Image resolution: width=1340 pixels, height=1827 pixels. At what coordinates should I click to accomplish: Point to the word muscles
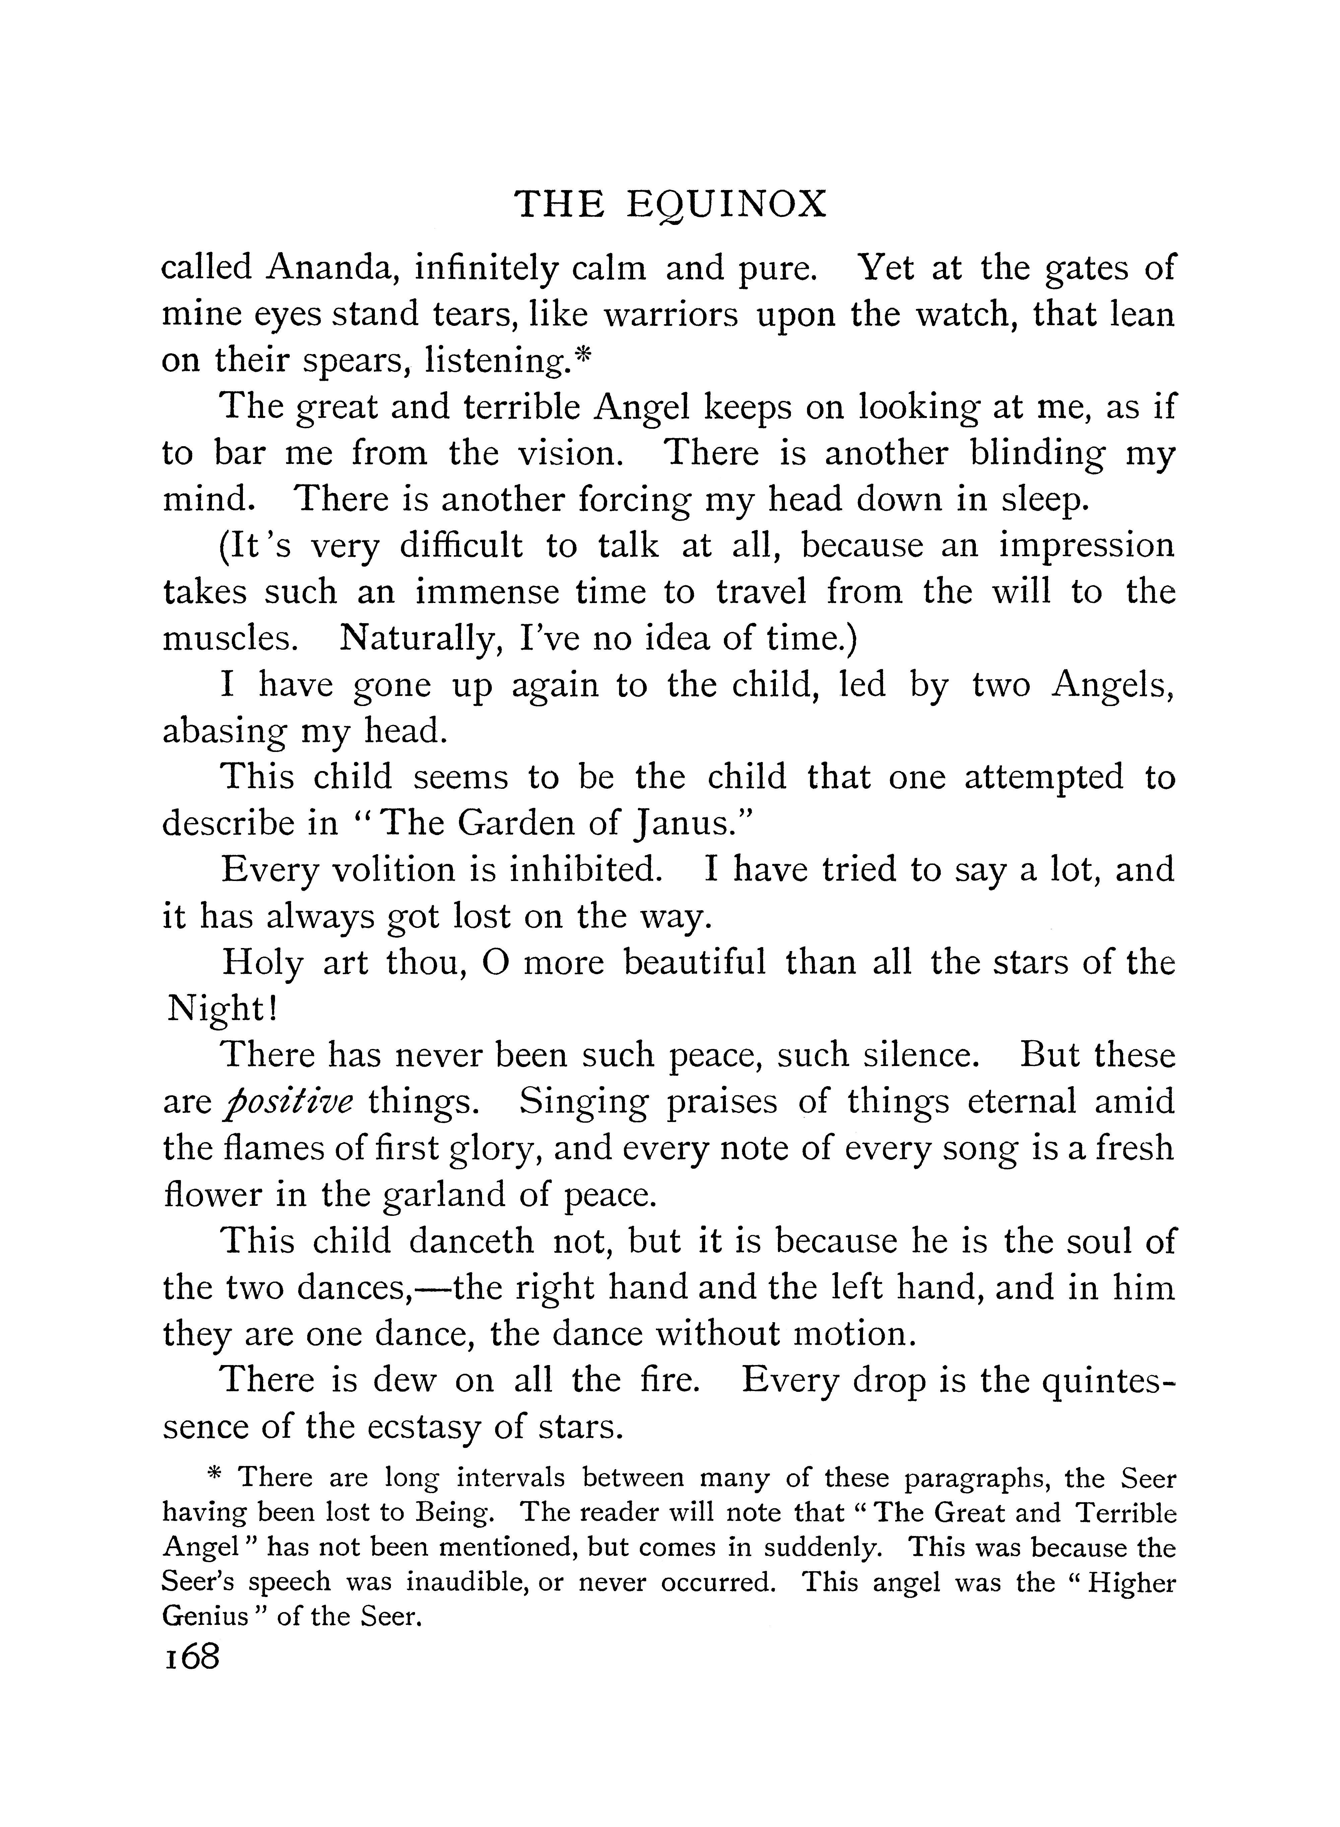coord(229,639)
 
